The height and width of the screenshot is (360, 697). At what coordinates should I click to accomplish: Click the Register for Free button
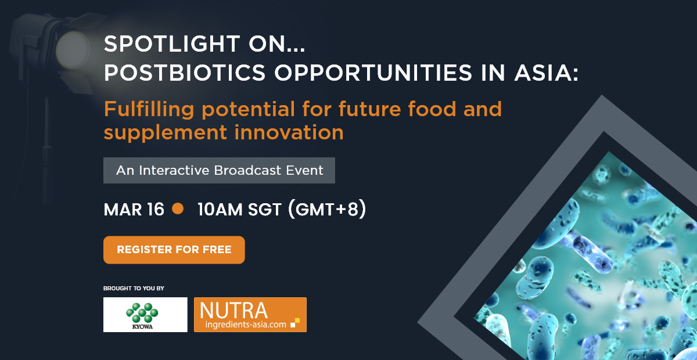tap(174, 250)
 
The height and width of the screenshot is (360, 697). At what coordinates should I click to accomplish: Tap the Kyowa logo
tap(145, 315)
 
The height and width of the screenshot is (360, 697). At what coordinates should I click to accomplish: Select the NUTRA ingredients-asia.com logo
tap(250, 315)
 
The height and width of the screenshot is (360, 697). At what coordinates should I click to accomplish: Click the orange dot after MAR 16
tap(178, 208)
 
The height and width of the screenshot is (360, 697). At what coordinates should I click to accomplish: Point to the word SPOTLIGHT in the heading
tap(172, 44)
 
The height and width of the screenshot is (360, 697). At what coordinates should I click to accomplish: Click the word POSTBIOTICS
tap(185, 73)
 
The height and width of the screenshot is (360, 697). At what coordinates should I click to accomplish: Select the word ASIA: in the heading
tap(547, 73)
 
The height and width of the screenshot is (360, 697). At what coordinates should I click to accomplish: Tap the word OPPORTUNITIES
tap(373, 73)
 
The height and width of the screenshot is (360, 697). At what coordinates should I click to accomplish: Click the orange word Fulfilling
tap(149, 110)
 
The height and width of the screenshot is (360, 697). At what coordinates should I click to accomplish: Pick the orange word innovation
tap(289, 132)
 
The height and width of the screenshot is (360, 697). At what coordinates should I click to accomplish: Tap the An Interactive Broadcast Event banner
tap(219, 170)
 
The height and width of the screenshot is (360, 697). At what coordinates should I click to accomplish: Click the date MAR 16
tap(134, 209)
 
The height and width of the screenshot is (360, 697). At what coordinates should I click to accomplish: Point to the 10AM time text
tap(220, 209)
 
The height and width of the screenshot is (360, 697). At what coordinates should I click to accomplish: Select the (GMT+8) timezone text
tap(327, 209)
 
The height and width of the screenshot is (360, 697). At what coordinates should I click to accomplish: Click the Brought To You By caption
tap(134, 289)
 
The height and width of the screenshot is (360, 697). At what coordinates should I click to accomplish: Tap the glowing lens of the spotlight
tap(73, 50)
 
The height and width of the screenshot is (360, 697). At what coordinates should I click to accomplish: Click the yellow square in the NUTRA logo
tap(297, 321)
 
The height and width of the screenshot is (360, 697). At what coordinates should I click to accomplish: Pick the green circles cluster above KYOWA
tap(142, 312)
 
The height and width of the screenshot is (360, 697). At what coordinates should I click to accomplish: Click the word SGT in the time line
tap(265, 209)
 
